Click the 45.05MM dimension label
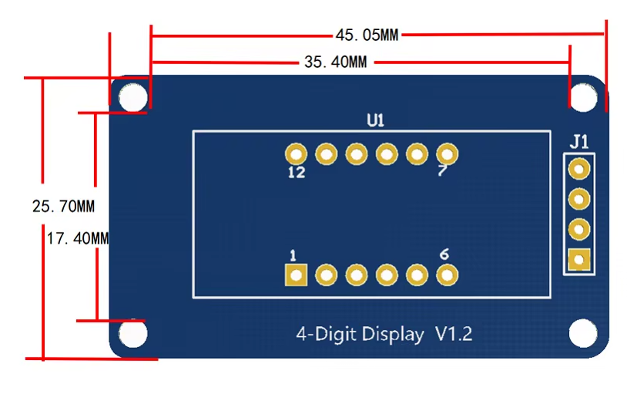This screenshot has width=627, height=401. click(367, 35)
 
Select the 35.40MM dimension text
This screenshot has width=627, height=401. click(335, 62)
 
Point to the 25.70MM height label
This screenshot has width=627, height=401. click(63, 207)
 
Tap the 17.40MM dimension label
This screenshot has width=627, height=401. click(78, 239)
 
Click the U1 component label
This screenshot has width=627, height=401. click(375, 120)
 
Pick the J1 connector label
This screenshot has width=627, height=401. click(579, 141)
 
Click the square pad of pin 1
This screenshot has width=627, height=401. click(296, 275)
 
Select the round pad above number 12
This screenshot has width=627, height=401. click(296, 154)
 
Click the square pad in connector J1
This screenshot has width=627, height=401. click(578, 260)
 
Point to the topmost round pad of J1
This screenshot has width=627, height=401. click(578, 168)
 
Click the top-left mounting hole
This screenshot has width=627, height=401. click(133, 97)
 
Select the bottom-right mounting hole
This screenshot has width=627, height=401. click(583, 334)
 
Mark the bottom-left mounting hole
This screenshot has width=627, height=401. click(133, 334)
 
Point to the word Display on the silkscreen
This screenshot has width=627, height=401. click(392, 335)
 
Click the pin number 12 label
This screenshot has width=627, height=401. click(296, 173)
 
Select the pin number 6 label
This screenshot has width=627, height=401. click(444, 254)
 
